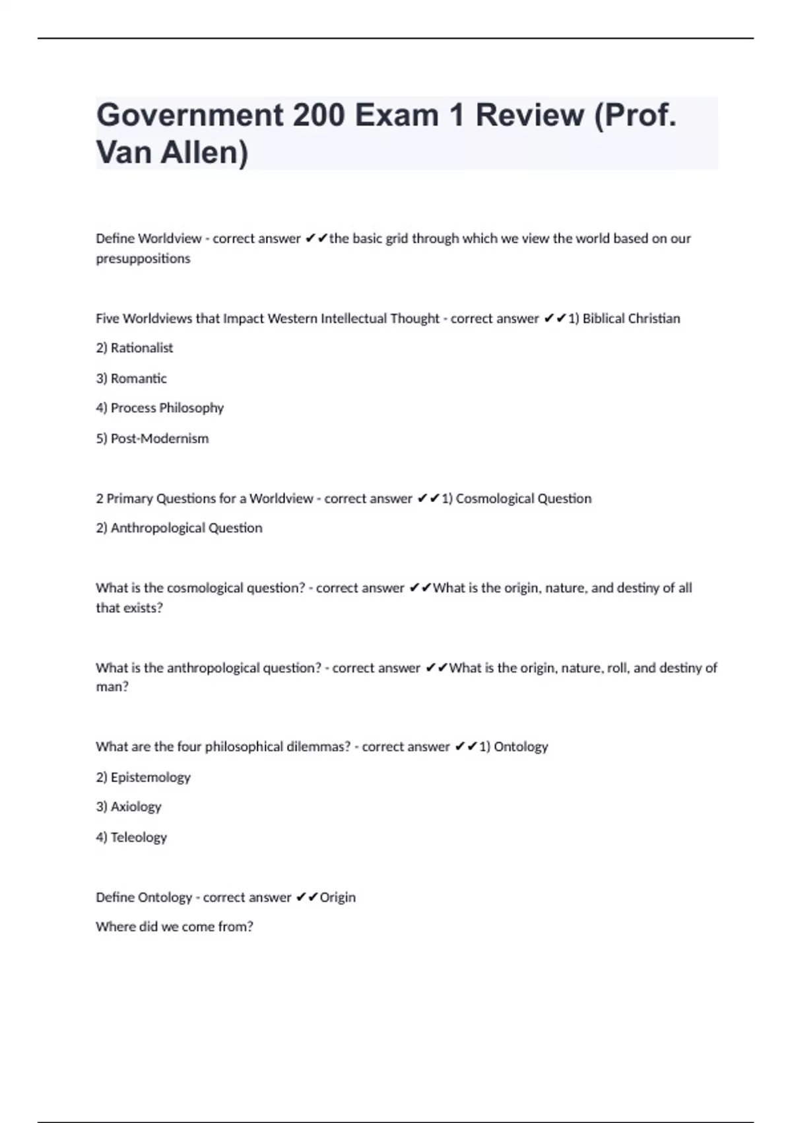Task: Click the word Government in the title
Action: click(x=189, y=116)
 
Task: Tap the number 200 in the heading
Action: click(x=319, y=116)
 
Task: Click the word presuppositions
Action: click(x=143, y=258)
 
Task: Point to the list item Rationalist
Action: click(x=141, y=348)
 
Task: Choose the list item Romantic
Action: click(x=139, y=379)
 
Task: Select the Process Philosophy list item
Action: click(x=167, y=408)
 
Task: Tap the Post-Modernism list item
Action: click(x=159, y=439)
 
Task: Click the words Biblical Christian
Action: click(x=631, y=318)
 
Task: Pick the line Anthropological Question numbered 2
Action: click(x=185, y=528)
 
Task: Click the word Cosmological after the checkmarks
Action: click(x=494, y=499)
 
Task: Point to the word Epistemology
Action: click(x=150, y=778)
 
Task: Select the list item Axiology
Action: click(x=136, y=807)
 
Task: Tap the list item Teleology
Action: click(x=139, y=838)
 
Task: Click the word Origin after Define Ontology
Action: click(x=337, y=897)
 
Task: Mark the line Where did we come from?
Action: click(x=174, y=927)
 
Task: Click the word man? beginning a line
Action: click(x=112, y=687)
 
